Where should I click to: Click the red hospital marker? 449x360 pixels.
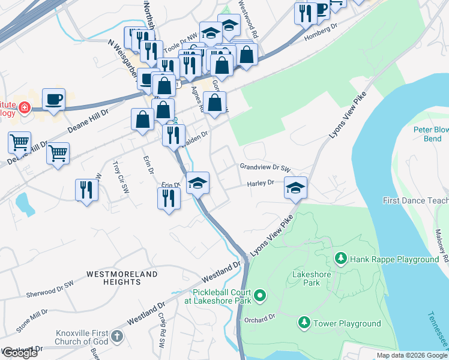coord(24,108)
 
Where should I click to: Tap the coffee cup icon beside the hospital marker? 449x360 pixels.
coord(53,99)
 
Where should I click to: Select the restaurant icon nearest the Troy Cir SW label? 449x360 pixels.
coord(86,190)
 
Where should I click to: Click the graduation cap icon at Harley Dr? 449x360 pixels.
coord(295,188)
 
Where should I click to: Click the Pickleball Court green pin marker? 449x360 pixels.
coord(259,295)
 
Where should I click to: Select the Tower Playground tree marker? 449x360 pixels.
coord(304,323)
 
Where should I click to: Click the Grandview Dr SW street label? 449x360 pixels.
coord(265,167)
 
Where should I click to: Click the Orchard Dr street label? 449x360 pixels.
coord(263,319)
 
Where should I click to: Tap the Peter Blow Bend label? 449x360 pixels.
coord(430,134)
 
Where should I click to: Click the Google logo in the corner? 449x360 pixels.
coord(19,353)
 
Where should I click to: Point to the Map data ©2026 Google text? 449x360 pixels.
coord(412,355)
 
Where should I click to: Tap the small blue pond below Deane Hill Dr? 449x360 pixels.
coord(25,205)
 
